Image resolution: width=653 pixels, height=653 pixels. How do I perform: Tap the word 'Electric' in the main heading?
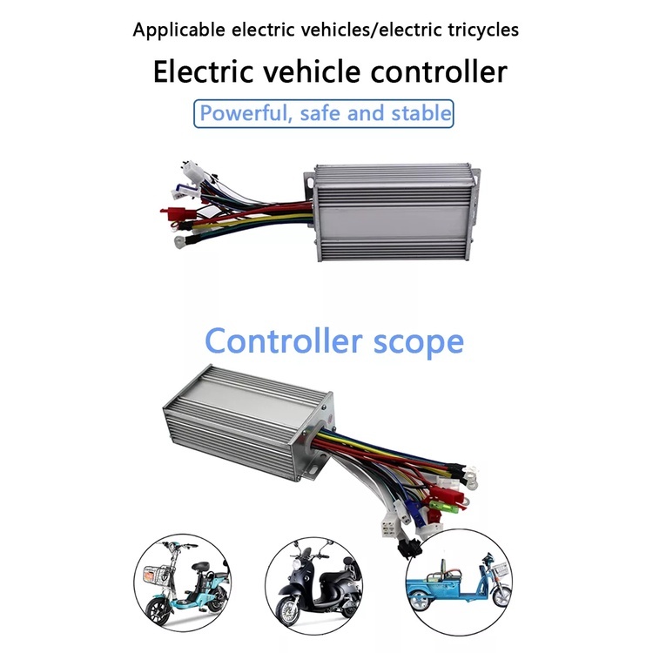pos(205,71)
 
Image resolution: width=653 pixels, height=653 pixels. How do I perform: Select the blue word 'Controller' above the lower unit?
pos(280,340)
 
